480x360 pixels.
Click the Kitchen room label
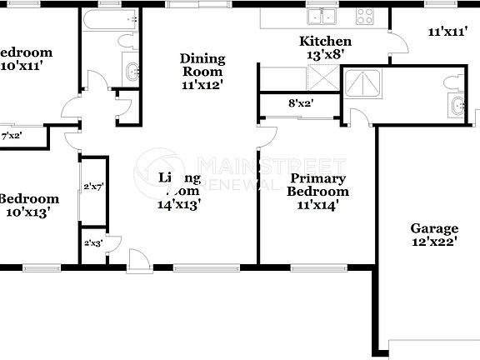(326, 42)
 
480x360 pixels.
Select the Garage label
(433, 228)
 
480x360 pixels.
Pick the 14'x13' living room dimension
(179, 202)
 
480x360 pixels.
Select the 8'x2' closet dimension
(301, 104)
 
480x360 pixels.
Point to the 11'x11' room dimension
(446, 32)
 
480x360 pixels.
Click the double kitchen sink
(321, 16)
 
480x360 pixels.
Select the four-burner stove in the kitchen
(365, 15)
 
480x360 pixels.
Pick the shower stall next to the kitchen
(361, 84)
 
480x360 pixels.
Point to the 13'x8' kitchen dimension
(326, 55)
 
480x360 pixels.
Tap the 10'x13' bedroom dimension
(30, 212)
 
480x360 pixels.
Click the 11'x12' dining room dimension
(202, 84)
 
